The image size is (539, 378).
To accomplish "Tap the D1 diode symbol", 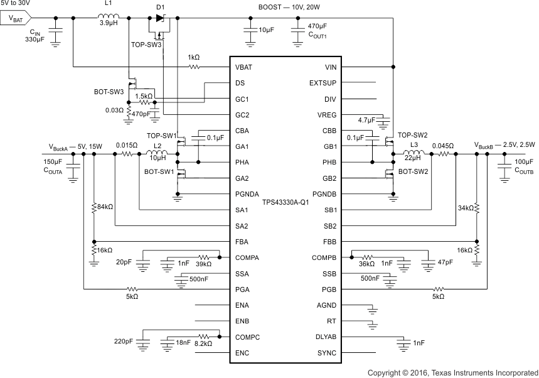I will pos(161,18).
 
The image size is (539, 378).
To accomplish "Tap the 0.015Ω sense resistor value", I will pos(128,144).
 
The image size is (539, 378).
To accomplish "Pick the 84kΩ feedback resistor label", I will pos(104,206).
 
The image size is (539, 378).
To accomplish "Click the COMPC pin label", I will pos(247,337).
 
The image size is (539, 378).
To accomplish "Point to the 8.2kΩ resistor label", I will pos(203,344).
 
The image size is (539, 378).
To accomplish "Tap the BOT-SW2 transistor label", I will pos(414,171).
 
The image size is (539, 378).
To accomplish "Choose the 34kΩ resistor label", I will pos(466,207).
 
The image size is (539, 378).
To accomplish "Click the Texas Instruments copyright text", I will pos(452,372).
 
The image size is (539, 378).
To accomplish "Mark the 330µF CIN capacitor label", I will pos(35,39).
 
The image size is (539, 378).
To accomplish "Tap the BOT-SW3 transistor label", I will pos(109,91).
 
